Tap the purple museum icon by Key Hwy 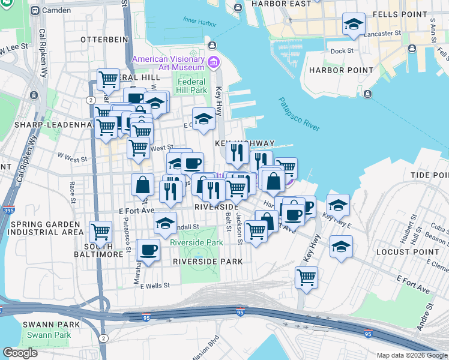[x=212, y=62]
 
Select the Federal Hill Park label [x=192, y=86]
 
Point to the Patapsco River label [x=299, y=114]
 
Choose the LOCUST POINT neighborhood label [x=404, y=251]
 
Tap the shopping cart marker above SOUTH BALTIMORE [x=101, y=231]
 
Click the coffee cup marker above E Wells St [x=148, y=250]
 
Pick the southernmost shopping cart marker [x=306, y=277]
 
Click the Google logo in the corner [x=20, y=353]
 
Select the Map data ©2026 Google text [x=411, y=355]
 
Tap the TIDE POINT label [x=429, y=175]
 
